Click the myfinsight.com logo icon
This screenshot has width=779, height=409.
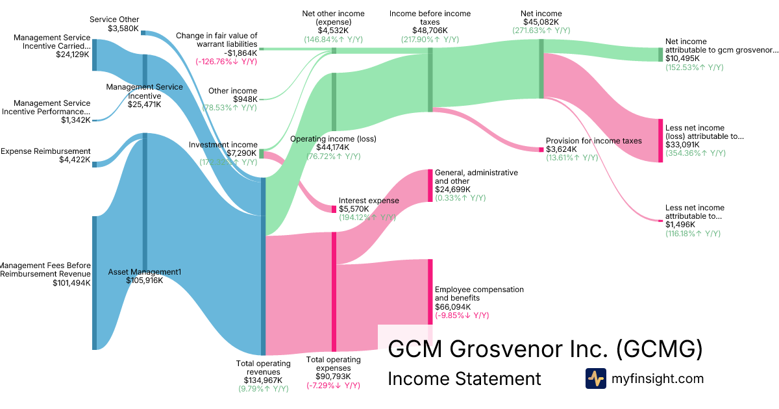tap(595, 378)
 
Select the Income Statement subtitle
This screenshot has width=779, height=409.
tap(464, 378)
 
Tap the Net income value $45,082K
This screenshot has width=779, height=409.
tap(541, 21)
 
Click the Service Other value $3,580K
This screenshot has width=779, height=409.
tap(123, 28)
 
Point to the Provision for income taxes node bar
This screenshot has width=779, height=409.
tap(541, 149)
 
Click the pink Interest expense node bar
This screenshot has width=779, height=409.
tap(334, 209)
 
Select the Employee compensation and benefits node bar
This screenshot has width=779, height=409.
tap(430, 292)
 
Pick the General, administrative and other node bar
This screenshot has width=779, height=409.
tap(430, 186)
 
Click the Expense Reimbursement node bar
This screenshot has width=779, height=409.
tap(94, 164)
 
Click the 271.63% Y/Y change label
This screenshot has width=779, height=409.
tap(541, 30)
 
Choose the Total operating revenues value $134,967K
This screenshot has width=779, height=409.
tap(262, 380)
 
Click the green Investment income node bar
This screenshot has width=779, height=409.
tap(262, 154)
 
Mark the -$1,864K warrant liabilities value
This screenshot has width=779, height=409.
tap(240, 53)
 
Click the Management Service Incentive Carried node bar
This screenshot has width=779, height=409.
tap(94, 55)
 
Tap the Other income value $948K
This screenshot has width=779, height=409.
tap(245, 99)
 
